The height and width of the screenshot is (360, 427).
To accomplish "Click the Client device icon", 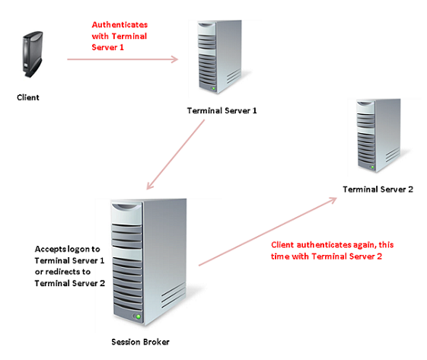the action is (33, 54).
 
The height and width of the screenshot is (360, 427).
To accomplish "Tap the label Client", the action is (28, 97).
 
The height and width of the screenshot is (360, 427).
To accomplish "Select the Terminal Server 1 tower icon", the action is (220, 56).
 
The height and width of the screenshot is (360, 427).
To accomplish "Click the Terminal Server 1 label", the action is (221, 110).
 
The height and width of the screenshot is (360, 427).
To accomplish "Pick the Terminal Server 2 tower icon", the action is (378, 135).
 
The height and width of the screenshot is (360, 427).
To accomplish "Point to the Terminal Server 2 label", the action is (378, 190).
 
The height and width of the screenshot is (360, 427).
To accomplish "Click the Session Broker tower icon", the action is (148, 262).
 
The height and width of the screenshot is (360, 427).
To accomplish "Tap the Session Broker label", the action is (140, 342).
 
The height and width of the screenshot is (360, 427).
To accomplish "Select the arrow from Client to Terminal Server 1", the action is (123, 59).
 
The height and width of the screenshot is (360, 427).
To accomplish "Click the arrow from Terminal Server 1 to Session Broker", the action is (175, 155).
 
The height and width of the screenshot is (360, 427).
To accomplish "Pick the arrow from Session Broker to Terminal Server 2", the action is (268, 231).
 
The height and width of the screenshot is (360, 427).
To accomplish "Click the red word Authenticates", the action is (119, 25).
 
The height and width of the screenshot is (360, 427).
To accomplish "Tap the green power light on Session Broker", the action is (139, 317).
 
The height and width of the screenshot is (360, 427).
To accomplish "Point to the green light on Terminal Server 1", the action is (213, 88).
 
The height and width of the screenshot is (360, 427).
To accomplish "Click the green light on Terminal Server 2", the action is (372, 167).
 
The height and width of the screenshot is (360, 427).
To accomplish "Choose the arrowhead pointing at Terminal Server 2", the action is (333, 200).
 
